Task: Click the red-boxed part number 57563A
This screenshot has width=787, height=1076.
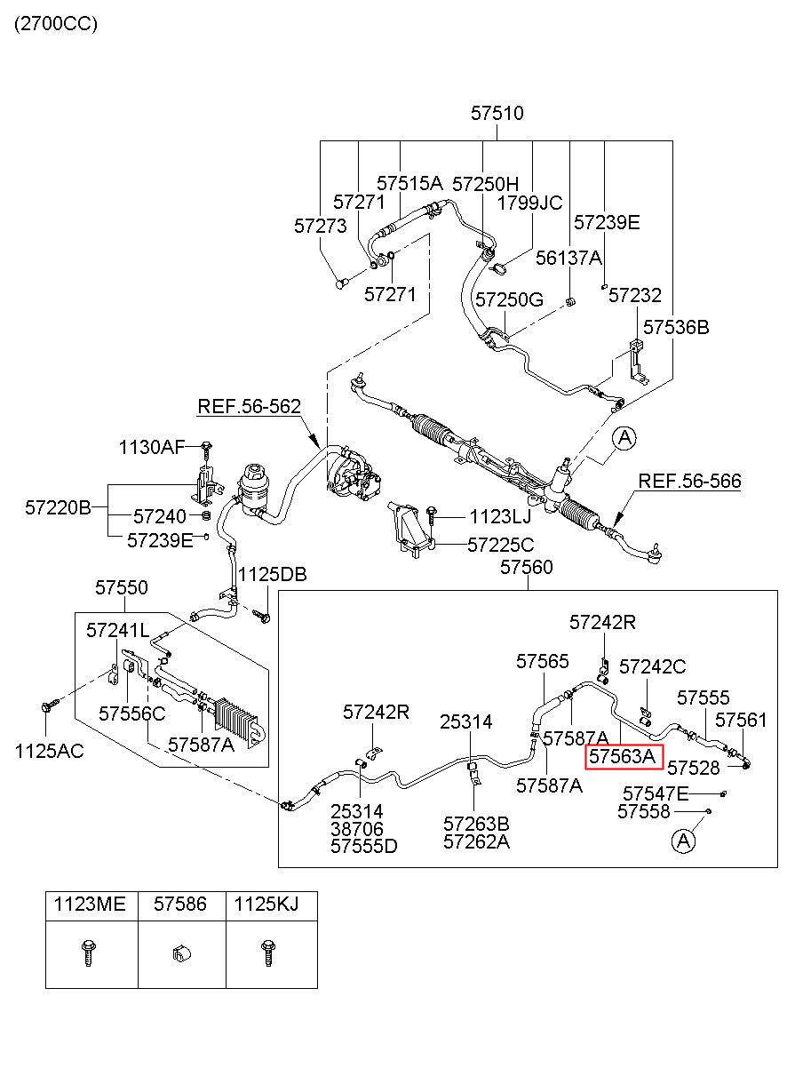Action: [x=624, y=756]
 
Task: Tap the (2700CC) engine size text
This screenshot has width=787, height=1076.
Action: [x=56, y=23]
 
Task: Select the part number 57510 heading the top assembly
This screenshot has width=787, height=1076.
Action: [x=497, y=114]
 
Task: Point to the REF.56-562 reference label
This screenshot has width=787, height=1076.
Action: [x=250, y=406]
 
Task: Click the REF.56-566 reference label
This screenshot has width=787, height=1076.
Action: [x=689, y=481]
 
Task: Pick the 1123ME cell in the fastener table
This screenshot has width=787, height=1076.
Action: [x=90, y=904]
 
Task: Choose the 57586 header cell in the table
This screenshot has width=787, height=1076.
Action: [x=180, y=904]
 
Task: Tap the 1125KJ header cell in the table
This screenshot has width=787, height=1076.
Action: [x=266, y=904]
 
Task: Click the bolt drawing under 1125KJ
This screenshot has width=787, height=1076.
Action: [x=267, y=953]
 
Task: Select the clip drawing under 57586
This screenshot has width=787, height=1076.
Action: [x=181, y=953]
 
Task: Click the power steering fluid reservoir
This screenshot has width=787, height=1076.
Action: [x=252, y=490]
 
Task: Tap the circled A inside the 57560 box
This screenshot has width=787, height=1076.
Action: [x=683, y=841]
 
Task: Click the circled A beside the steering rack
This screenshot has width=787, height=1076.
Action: [x=624, y=438]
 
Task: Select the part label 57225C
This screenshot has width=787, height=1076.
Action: [x=501, y=545]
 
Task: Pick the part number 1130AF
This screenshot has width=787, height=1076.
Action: [x=152, y=447]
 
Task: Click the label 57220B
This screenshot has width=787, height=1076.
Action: [x=58, y=507]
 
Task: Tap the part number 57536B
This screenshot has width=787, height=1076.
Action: [x=676, y=327]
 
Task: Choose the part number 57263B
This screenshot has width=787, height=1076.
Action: [x=476, y=824]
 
